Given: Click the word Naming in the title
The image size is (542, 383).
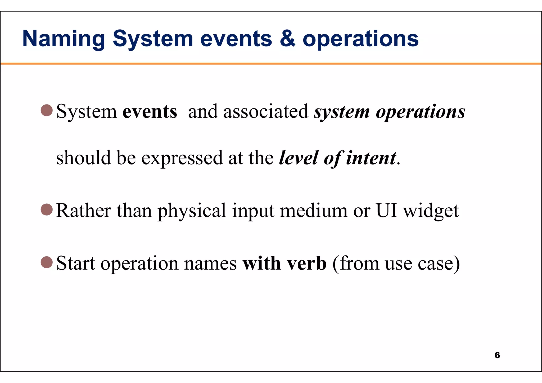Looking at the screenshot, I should pos(64,39).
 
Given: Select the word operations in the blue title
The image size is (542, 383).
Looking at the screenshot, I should pos(360,39).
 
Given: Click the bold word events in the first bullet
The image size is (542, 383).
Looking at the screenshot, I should pos(150,111).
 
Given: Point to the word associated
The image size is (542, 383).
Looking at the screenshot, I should pos(266,111).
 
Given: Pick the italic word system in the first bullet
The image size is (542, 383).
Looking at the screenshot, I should pos(342,112).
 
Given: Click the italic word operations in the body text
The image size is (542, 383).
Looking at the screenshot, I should pos(421,112).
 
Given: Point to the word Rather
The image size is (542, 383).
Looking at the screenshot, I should pos(84,211).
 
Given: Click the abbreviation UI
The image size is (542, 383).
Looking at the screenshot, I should pos(386,211).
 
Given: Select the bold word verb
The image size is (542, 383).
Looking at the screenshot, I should pos(307,263).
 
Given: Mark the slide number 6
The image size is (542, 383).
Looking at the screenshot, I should pos(497,355).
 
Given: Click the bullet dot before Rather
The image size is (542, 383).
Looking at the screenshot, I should pos(47,210).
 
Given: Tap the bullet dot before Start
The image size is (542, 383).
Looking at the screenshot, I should pos(47,262).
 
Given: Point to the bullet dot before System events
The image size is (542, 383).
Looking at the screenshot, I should pos(47,110).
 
